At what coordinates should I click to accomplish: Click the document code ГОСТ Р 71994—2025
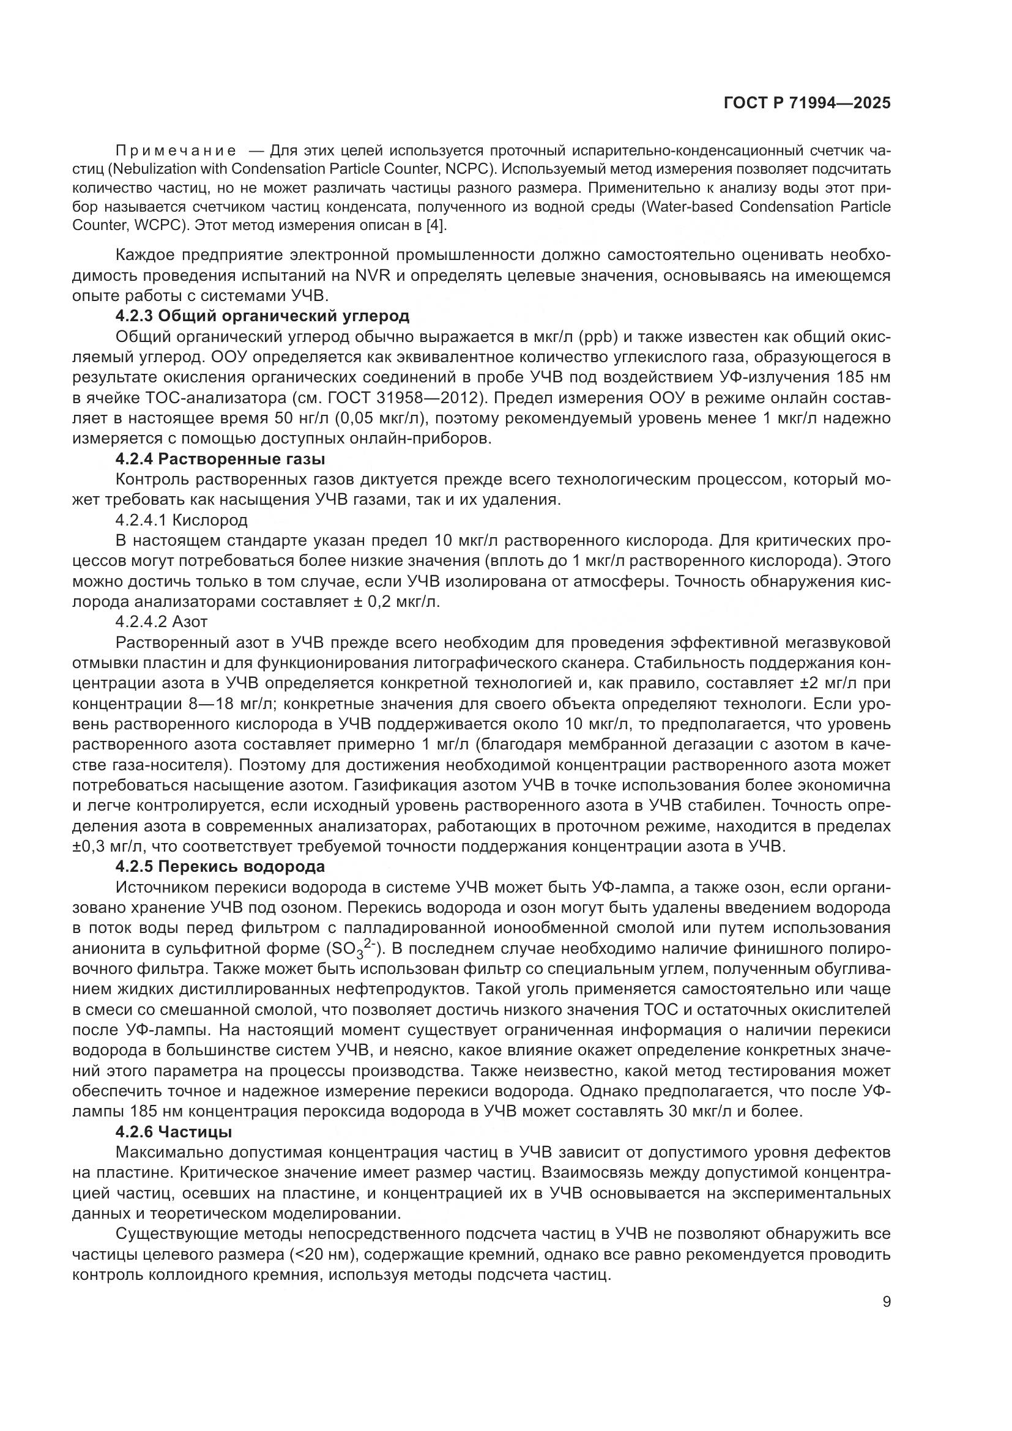click(x=806, y=103)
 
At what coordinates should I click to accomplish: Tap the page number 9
click(x=886, y=1302)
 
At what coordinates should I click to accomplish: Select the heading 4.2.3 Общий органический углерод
click(x=262, y=316)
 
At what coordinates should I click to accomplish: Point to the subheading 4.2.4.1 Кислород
click(x=181, y=520)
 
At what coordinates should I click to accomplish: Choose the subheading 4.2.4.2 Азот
click(x=162, y=622)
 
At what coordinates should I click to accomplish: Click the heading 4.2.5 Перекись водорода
click(x=220, y=867)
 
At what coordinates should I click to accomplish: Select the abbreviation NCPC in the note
click(x=472, y=169)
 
